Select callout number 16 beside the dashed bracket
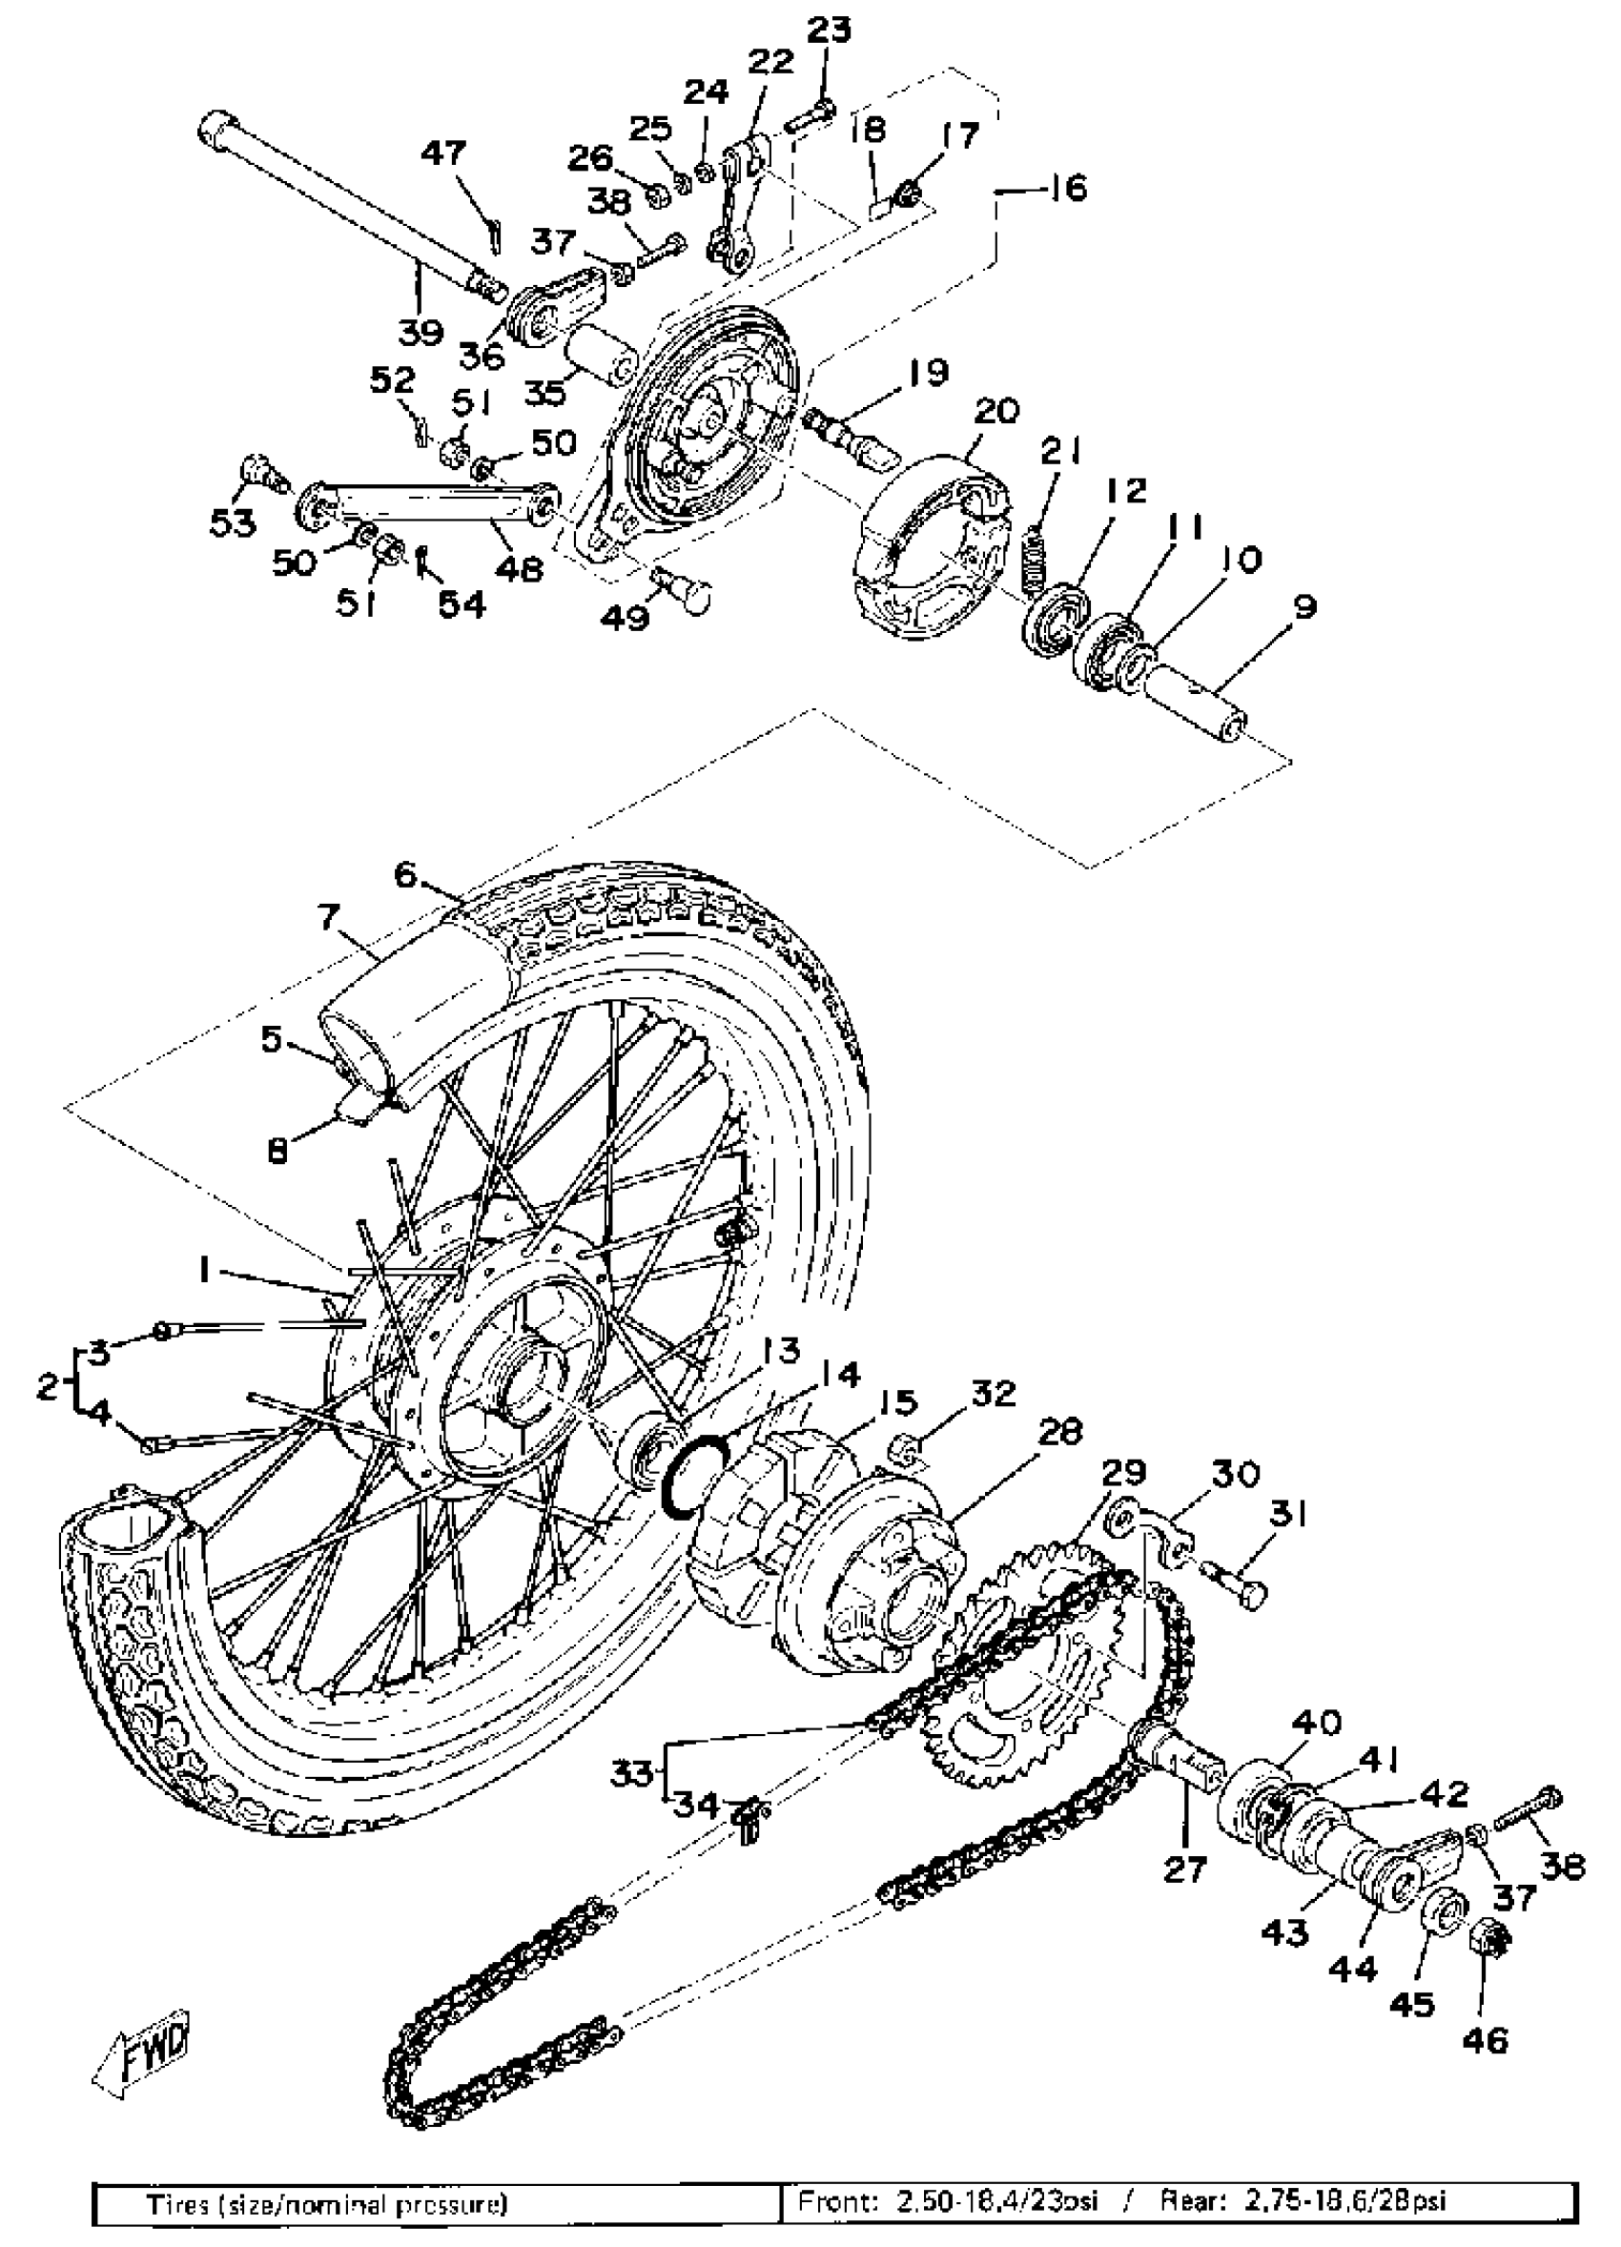(1066, 187)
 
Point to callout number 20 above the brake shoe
(996, 410)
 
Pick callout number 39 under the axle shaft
(421, 332)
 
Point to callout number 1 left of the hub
(204, 1269)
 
